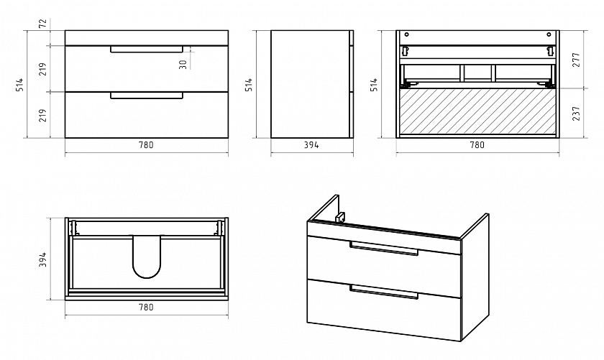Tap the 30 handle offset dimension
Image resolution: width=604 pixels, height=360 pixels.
(183, 64)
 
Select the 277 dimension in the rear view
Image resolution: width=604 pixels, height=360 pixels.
(576, 60)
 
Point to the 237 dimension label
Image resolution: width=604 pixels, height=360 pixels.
(576, 114)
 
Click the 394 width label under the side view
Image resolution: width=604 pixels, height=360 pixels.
(311, 145)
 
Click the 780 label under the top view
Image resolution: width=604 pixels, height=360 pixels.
(146, 308)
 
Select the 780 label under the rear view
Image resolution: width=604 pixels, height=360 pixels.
(477, 145)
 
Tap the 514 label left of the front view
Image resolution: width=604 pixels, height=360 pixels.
(19, 84)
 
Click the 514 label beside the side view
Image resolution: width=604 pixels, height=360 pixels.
(250, 84)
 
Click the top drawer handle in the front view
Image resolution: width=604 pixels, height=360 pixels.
(147, 50)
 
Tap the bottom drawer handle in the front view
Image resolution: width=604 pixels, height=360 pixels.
(147, 96)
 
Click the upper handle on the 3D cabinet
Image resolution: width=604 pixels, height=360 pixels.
(384, 248)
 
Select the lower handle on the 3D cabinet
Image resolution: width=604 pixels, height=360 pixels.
(384, 292)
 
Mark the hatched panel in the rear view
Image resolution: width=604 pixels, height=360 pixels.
(477, 111)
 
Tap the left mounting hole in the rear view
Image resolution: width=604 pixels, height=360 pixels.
(406, 34)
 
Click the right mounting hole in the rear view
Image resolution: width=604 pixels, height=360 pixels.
(549, 34)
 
